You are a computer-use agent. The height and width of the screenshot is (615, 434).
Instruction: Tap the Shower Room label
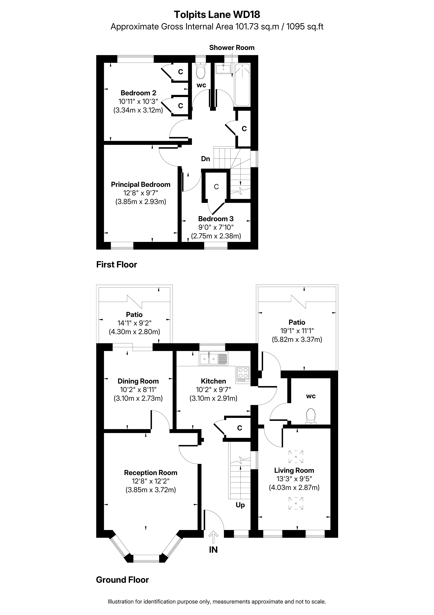[x=232, y=48]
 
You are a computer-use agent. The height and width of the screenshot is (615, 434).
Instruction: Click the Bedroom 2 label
[x=138, y=93]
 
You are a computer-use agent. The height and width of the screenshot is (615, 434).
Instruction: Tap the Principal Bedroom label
[x=141, y=185]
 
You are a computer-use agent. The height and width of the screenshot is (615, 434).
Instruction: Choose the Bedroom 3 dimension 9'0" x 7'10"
[x=216, y=227]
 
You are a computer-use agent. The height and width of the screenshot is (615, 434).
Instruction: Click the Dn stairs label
[x=206, y=159]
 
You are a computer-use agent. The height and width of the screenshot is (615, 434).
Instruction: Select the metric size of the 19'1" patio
[x=297, y=340]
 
